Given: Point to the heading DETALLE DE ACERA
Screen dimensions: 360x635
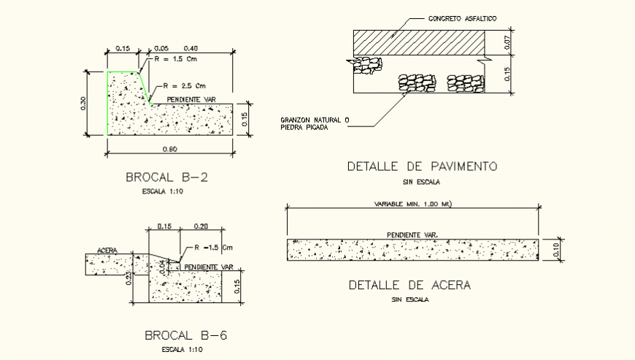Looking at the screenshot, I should [410, 285].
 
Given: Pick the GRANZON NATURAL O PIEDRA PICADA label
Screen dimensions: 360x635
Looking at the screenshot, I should [315, 123].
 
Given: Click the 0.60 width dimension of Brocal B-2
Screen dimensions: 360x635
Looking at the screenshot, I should [170, 150].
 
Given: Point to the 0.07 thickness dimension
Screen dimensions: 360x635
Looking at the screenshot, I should [506, 43].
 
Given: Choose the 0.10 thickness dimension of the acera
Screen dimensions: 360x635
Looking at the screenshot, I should [556, 249].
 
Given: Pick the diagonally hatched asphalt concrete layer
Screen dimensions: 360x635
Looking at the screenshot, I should [420, 43].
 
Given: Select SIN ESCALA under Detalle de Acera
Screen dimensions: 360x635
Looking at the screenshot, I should [410, 299].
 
